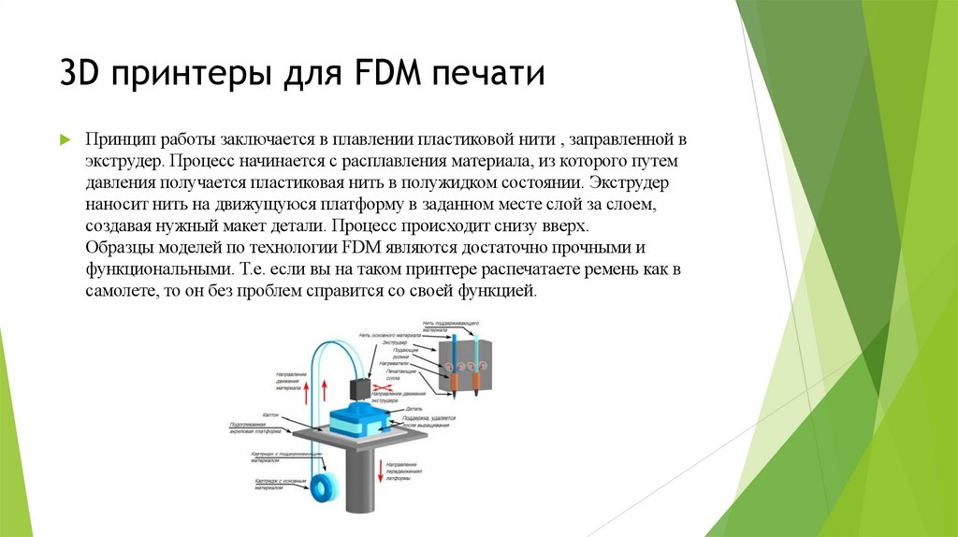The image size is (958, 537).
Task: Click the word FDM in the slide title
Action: [386, 73]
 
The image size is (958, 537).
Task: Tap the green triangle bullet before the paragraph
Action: [65, 139]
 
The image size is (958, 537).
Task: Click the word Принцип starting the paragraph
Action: [117, 139]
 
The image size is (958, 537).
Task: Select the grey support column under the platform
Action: [358, 477]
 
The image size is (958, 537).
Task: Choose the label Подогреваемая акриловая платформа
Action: [255, 428]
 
